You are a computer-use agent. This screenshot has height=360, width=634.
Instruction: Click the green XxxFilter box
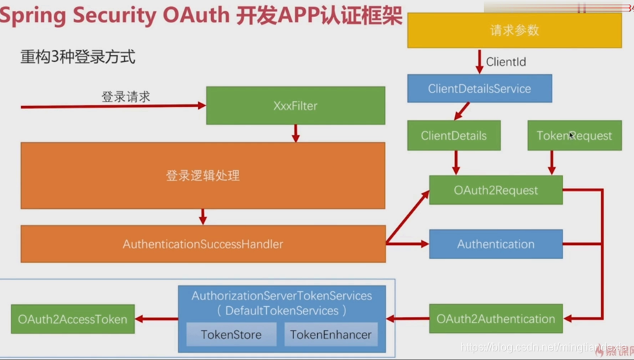coord(295,105)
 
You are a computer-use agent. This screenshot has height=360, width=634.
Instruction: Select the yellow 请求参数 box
coord(514,31)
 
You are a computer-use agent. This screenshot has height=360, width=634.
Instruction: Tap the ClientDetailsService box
coord(479,88)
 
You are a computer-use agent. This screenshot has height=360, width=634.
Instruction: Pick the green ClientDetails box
coord(454,135)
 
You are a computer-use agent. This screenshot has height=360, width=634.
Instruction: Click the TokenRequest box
coord(574,135)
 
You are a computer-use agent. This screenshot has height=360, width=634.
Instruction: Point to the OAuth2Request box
coord(496,190)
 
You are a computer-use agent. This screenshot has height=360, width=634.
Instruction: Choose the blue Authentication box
coord(496,244)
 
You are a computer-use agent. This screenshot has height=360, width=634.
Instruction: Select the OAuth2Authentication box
coord(496,318)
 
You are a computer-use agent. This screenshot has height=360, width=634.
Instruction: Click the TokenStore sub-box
coord(231,334)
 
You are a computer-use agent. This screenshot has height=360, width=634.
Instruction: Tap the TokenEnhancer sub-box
coord(331,334)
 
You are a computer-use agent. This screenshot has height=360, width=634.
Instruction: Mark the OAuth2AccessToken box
coord(73,319)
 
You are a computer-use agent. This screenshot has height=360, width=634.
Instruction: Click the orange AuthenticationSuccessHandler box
coord(203,244)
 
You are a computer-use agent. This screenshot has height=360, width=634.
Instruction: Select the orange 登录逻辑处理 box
coord(203,176)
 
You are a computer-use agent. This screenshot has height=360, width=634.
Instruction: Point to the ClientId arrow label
coord(506,62)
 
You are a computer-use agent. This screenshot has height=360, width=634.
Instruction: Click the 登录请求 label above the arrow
coord(126,97)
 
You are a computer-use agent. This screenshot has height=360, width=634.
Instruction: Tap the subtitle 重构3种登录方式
coord(78,57)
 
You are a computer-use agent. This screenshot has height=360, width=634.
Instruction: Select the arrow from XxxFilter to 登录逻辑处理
coord(296,133)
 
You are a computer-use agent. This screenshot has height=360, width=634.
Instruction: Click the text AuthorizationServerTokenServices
coord(282,296)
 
